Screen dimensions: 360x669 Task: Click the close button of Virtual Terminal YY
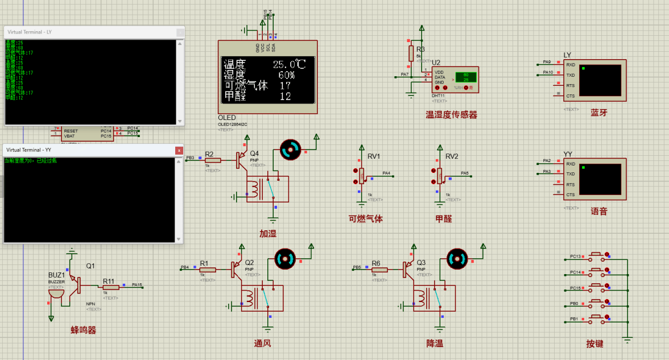click(x=179, y=150)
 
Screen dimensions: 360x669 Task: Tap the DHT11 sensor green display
click(x=465, y=77)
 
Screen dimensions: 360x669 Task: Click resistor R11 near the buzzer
click(x=111, y=288)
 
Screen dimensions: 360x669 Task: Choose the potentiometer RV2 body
click(x=439, y=176)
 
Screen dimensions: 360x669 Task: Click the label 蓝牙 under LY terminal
click(x=599, y=113)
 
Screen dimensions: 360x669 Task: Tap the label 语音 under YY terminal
click(x=599, y=212)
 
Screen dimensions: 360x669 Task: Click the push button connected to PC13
click(x=597, y=255)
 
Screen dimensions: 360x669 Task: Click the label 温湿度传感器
click(x=452, y=115)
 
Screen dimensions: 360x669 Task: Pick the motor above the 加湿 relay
click(x=290, y=150)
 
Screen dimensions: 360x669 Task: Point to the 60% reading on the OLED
click(x=286, y=75)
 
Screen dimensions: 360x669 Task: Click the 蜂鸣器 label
click(x=84, y=330)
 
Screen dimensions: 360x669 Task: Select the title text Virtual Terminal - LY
click(x=30, y=32)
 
